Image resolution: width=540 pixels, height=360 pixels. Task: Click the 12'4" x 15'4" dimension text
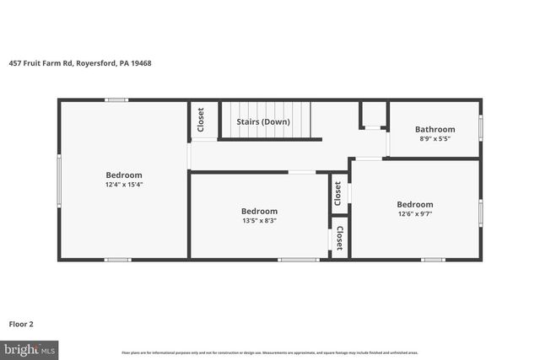[x=124, y=185]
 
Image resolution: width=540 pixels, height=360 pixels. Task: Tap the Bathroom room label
[x=435, y=129]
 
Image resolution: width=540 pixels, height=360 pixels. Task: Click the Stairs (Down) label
[x=262, y=121]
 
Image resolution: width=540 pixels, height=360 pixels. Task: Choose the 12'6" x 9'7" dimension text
[x=415, y=213]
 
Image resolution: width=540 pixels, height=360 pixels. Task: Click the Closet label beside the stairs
[x=201, y=120]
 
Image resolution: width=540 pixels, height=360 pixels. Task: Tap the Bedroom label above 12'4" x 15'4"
[x=124, y=175]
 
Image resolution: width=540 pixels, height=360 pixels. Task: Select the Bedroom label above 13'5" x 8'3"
[x=259, y=211]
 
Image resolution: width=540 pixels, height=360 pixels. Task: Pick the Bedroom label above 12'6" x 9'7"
[x=415, y=204]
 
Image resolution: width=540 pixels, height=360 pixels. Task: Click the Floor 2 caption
[x=21, y=323]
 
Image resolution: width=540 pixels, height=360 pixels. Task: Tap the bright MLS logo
[x=30, y=347]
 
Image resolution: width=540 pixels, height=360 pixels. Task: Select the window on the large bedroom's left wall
[x=58, y=179]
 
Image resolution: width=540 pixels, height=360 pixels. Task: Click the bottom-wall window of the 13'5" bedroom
[x=299, y=259]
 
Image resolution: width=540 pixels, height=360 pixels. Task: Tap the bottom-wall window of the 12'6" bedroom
[x=433, y=259]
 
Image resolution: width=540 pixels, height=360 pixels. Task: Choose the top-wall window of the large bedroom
[x=116, y=100]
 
